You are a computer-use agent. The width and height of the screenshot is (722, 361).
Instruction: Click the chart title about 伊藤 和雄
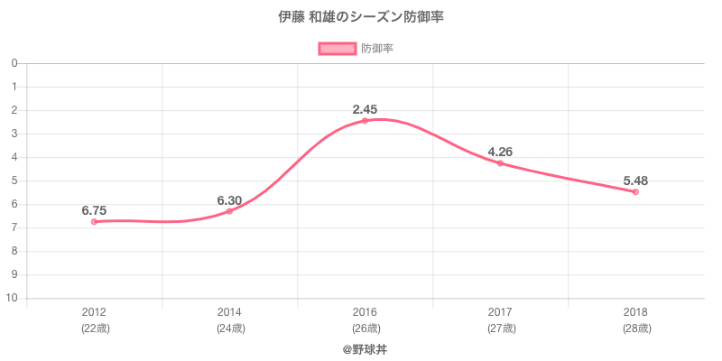361,17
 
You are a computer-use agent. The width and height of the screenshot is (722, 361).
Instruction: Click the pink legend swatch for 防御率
337,49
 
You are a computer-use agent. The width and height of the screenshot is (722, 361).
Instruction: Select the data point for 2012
95,221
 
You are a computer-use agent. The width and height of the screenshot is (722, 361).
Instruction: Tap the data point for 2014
229,211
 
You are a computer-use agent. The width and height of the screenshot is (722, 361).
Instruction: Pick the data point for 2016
365,121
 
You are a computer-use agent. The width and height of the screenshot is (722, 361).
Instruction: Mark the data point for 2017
500,163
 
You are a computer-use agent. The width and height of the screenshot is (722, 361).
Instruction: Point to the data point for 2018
635,192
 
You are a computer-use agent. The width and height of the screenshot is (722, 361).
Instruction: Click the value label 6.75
94,210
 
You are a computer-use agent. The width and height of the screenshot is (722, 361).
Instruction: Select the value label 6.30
229,199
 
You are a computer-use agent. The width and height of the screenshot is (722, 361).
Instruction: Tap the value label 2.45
365,109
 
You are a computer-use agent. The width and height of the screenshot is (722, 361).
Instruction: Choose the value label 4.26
500,152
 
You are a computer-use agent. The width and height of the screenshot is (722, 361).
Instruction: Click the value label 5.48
635,180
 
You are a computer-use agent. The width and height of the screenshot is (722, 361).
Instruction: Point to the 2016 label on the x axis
365,312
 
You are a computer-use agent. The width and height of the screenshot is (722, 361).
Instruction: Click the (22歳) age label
95,329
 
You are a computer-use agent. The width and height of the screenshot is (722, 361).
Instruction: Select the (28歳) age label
635,329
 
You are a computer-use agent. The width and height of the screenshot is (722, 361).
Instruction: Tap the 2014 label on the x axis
229,312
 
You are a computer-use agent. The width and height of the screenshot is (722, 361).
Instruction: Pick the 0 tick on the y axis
15,63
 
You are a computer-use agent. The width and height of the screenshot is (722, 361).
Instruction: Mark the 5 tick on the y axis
15,180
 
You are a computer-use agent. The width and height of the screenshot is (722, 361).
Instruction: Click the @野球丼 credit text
365,348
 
